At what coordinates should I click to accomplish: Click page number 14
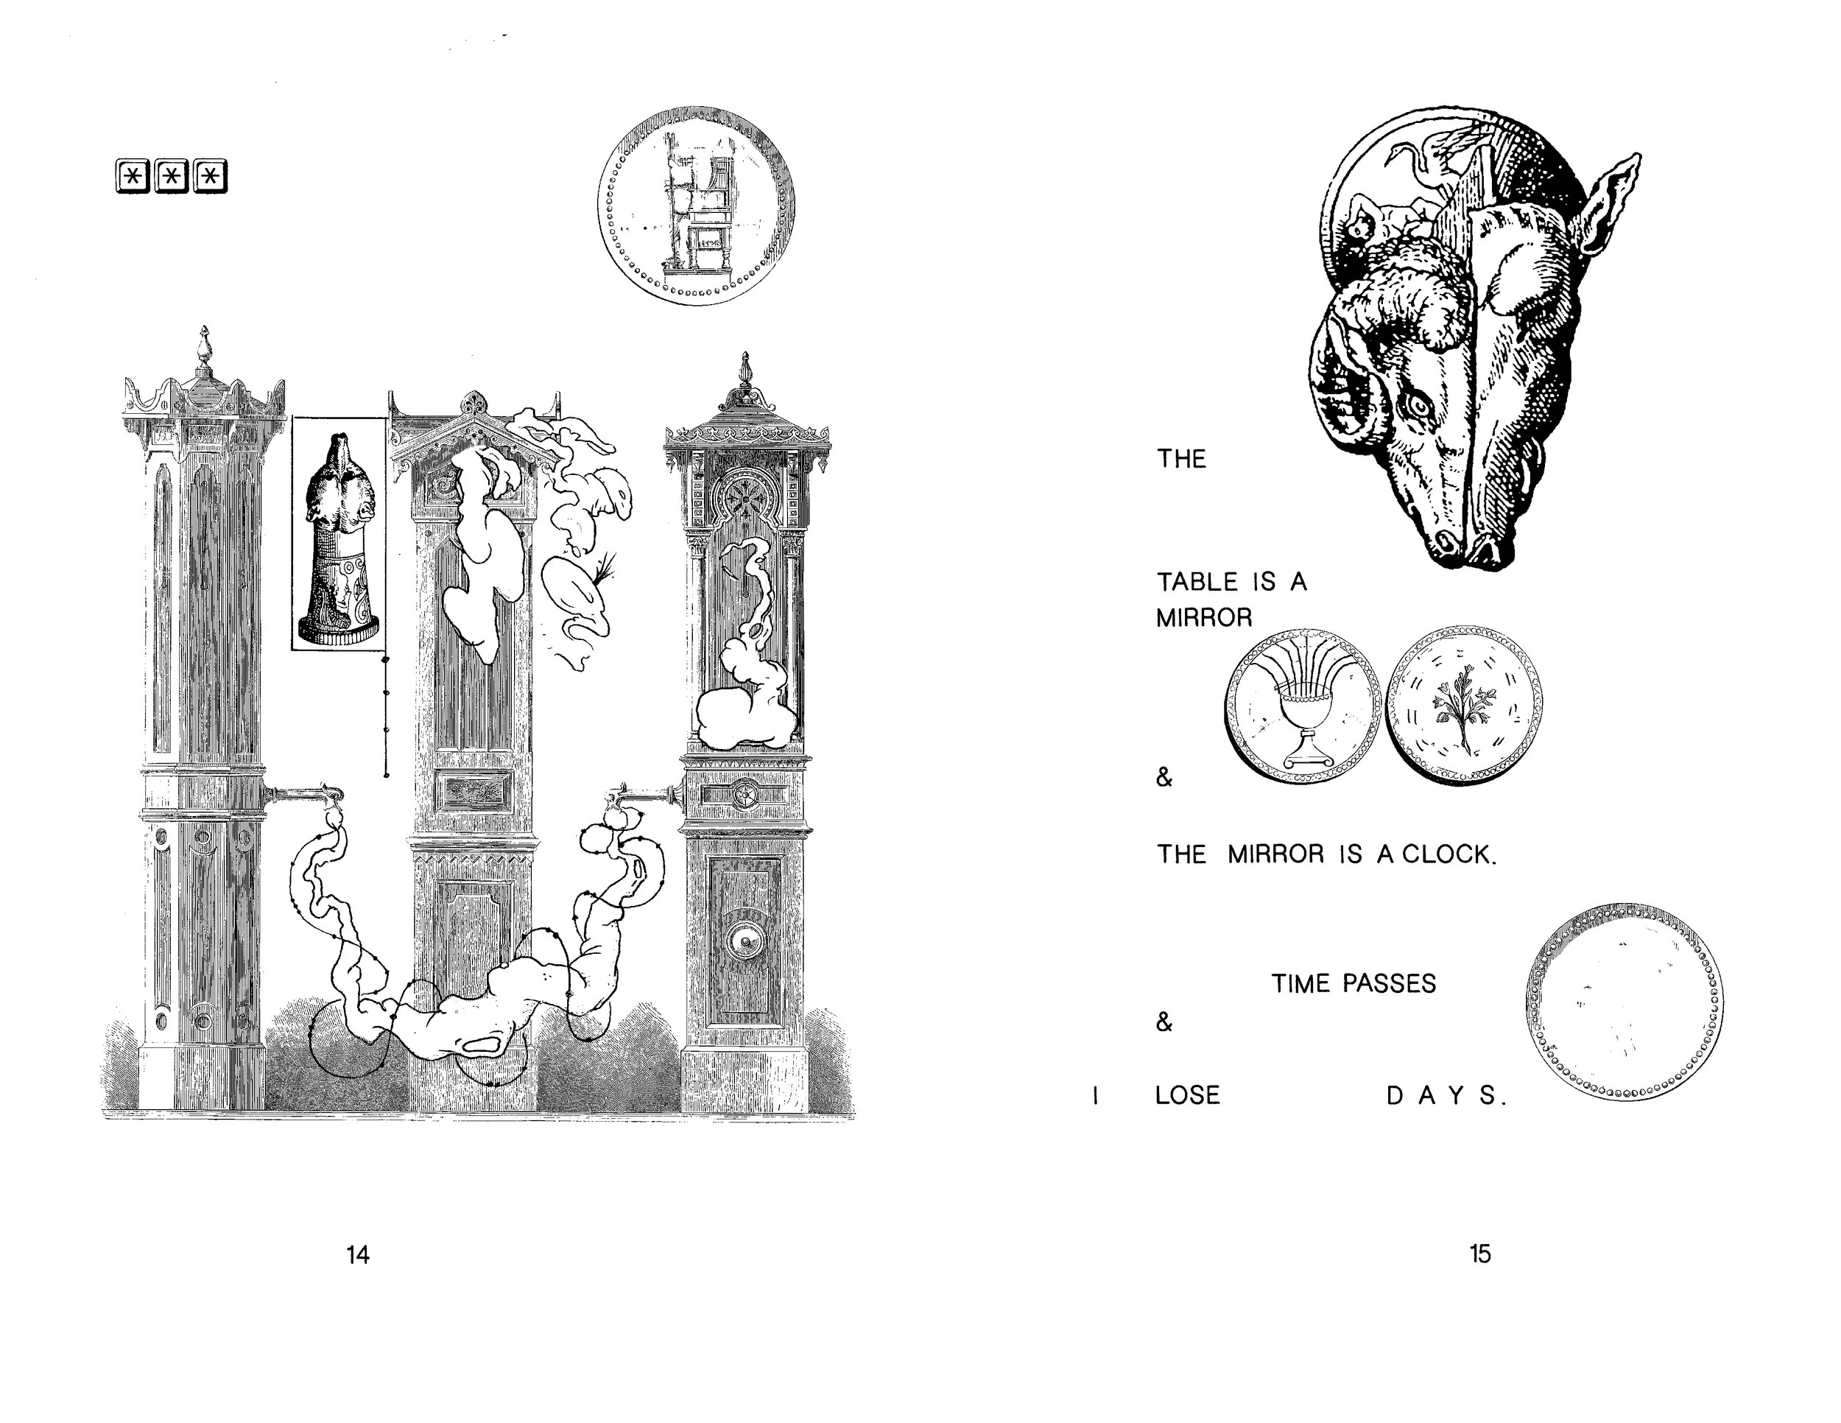pos(357,1255)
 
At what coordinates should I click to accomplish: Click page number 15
pos(1480,1254)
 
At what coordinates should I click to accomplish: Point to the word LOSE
pos(1187,1095)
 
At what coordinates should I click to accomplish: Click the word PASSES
pos(1389,983)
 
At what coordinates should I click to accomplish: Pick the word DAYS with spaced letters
pos(1445,1095)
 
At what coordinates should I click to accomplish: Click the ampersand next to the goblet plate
pos(1164,777)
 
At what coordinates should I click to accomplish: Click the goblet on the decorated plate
pos(1303,718)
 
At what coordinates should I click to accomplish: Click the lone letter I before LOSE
pos(1094,1095)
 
